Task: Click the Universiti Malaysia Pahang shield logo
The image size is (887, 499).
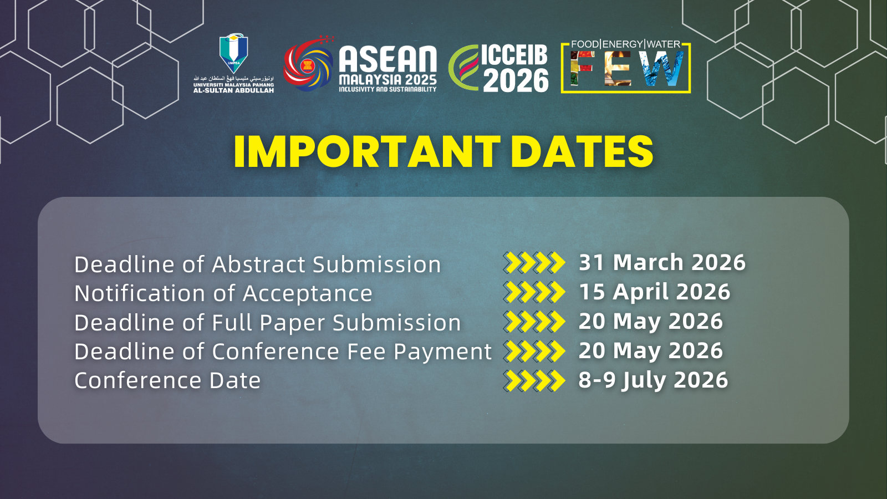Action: tap(233, 53)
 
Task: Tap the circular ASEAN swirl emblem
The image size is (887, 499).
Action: tap(308, 63)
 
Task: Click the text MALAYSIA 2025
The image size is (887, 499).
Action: tap(388, 80)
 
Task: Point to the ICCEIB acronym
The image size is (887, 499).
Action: tap(514, 55)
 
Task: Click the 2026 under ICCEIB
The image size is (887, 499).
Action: tap(516, 80)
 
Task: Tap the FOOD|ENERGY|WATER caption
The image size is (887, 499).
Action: tap(626, 44)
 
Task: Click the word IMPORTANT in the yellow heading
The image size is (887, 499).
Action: tap(367, 152)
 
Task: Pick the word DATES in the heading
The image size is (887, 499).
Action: tap(582, 152)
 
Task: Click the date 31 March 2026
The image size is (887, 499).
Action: tap(662, 262)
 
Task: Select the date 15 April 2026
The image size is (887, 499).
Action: tap(655, 292)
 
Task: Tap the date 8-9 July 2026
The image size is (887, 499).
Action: tap(654, 380)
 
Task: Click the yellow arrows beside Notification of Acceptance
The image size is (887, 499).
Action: tap(534, 292)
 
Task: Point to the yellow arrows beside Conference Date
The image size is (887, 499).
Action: tap(534, 380)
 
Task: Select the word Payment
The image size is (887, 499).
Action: tap(443, 352)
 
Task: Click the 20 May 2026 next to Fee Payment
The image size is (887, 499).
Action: tap(651, 350)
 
